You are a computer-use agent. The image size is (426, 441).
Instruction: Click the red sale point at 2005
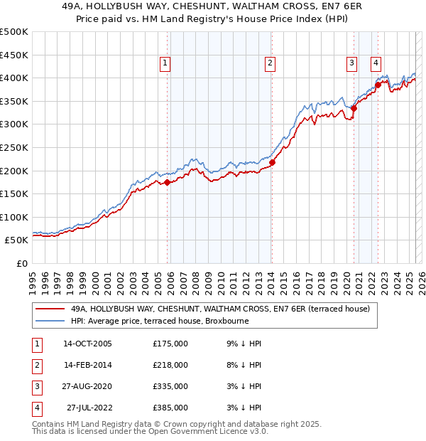(x=168, y=182)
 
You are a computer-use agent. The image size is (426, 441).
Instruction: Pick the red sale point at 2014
(x=272, y=162)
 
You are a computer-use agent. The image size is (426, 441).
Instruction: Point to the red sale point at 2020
(x=354, y=108)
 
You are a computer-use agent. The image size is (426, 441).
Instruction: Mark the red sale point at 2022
(x=378, y=85)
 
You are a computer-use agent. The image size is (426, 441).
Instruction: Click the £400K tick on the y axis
(x=14, y=78)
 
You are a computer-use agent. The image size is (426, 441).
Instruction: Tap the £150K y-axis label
(x=14, y=193)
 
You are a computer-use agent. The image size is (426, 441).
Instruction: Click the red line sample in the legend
(x=50, y=309)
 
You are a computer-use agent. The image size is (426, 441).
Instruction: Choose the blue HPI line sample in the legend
(x=50, y=321)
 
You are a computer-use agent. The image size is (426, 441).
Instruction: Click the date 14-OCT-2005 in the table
(x=87, y=344)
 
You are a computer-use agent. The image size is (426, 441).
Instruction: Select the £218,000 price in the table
(x=170, y=366)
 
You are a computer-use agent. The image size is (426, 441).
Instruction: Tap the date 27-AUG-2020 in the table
(x=87, y=387)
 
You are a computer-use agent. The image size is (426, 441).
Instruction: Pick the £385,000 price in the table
(x=170, y=408)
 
